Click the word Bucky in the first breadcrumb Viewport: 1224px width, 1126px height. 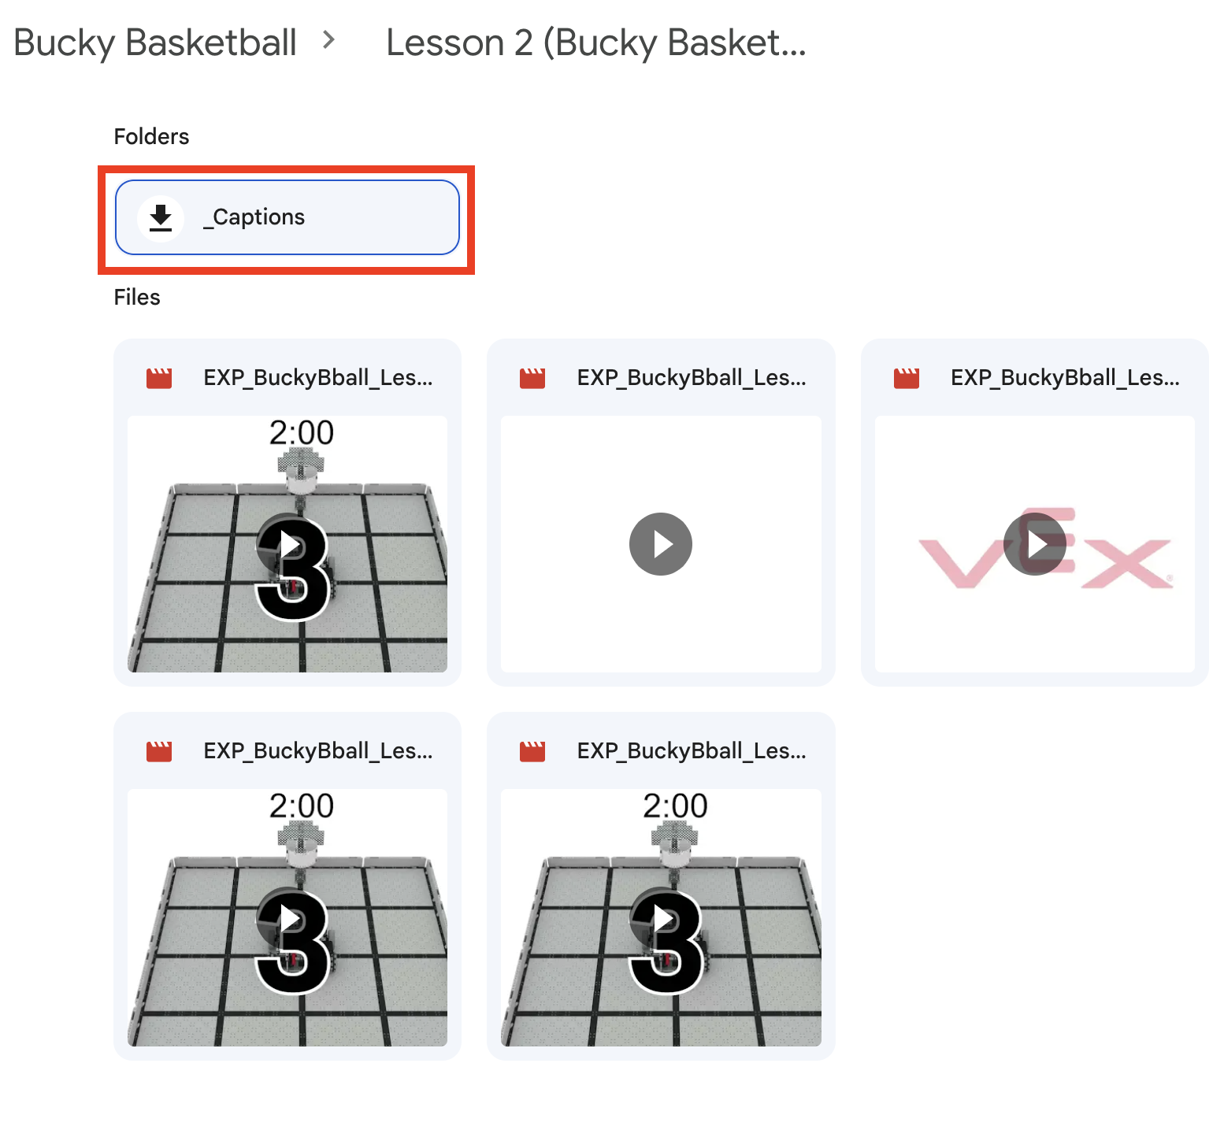(65, 43)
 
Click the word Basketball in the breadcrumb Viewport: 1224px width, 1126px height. (210, 43)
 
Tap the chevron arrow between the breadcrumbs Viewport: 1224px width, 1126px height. (329, 39)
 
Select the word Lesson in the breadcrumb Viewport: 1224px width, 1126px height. (445, 43)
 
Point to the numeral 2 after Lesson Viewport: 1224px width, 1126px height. (524, 43)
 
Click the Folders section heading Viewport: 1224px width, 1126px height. (151, 137)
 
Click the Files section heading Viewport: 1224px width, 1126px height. (137, 298)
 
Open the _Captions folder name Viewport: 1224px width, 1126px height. (254, 217)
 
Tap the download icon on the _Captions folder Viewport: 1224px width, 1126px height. (161, 217)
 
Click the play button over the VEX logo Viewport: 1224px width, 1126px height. (1034, 544)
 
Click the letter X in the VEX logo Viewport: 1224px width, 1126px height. (1126, 563)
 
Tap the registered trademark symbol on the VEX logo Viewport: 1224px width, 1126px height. (1170, 578)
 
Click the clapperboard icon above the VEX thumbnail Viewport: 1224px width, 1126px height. (907, 379)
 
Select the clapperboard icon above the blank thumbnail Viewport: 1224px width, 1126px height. (532, 379)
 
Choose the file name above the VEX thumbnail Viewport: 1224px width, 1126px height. (1065, 378)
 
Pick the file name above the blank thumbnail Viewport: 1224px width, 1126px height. (692, 378)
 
